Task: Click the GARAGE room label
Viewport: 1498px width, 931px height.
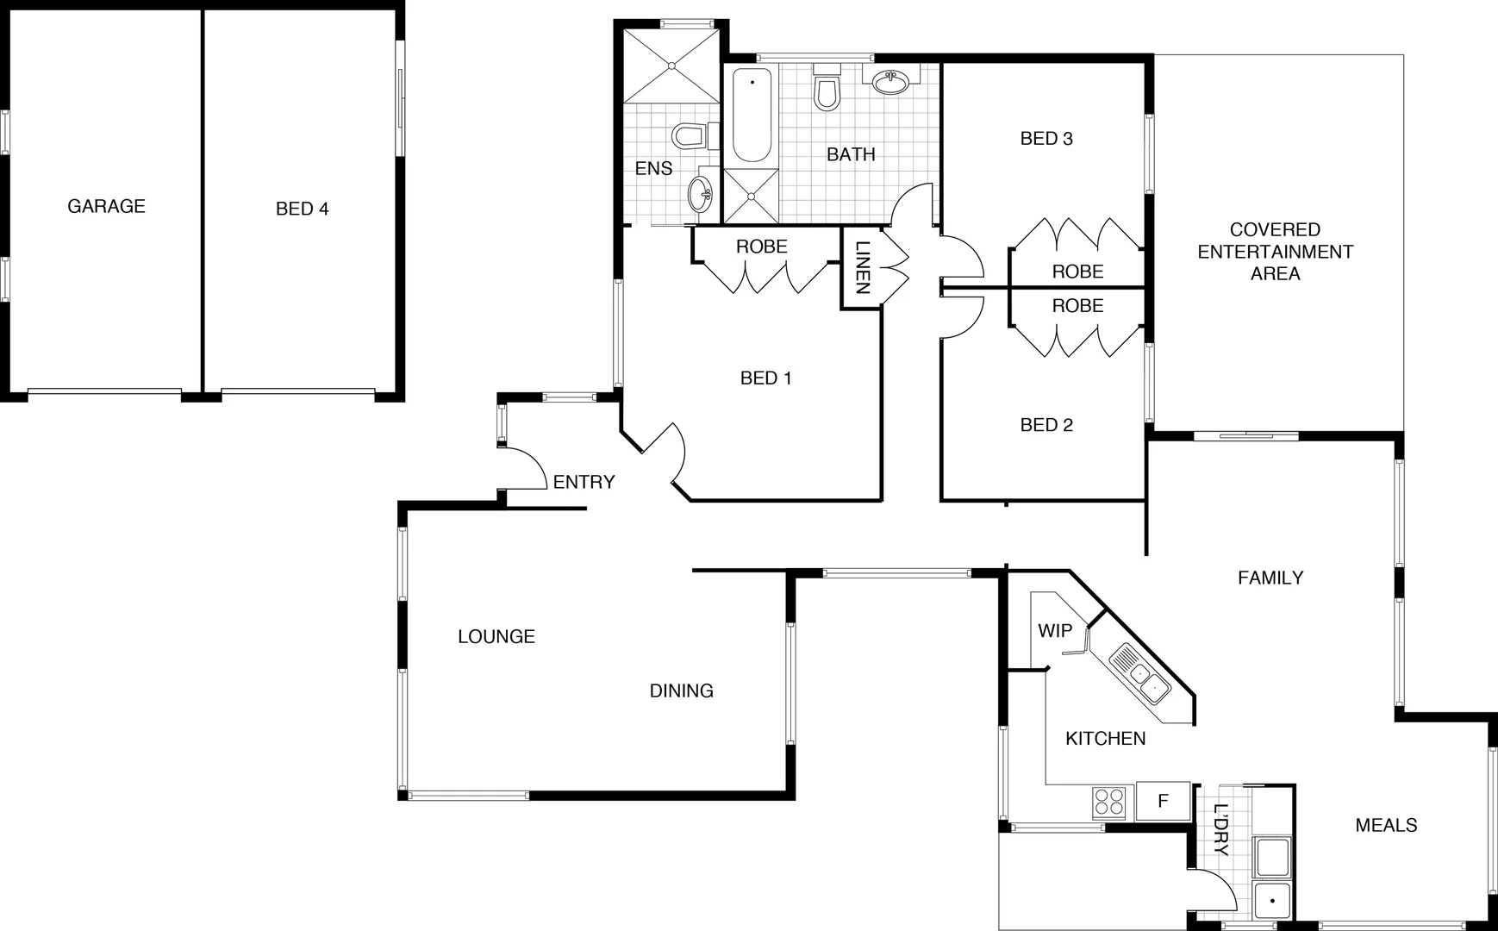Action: click(106, 206)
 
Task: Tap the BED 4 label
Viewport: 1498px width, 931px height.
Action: click(302, 209)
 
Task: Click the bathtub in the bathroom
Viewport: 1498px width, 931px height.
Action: click(752, 116)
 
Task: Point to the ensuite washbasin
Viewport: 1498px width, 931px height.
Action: click(701, 193)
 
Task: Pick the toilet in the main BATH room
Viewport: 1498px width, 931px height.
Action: click(827, 91)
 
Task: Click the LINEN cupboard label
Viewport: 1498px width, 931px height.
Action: click(862, 267)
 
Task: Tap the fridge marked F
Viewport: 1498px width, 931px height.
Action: click(1162, 801)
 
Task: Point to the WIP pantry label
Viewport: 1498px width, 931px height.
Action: click(1054, 630)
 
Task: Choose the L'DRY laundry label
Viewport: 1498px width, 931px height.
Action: click(1220, 830)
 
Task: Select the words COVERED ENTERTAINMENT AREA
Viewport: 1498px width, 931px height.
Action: click(1275, 252)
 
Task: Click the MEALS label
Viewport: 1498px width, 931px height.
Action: click(1386, 825)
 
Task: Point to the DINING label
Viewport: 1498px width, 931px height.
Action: click(681, 690)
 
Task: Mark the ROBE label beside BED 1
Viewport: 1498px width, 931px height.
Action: click(761, 247)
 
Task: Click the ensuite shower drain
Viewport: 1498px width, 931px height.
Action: click(671, 66)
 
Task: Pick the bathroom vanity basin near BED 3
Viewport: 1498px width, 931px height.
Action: click(889, 83)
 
